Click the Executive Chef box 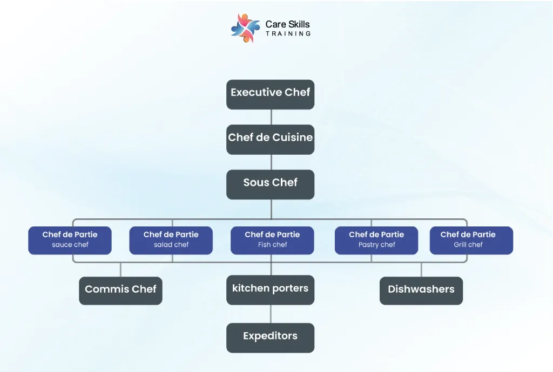270,94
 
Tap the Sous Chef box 270,184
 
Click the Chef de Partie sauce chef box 70,240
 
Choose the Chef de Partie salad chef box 171,240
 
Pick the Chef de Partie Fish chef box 272,240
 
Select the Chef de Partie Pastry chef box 376,240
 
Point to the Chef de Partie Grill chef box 471,240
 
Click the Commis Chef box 120,291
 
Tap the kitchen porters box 270,290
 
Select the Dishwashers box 421,291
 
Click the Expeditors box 270,337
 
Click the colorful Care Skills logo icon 245,27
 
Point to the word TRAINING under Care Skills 288,34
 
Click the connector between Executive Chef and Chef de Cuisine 271,117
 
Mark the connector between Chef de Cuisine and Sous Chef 271,162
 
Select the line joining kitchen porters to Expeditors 271,314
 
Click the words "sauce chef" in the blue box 70,245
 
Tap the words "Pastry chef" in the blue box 376,245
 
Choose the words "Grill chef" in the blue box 468,245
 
